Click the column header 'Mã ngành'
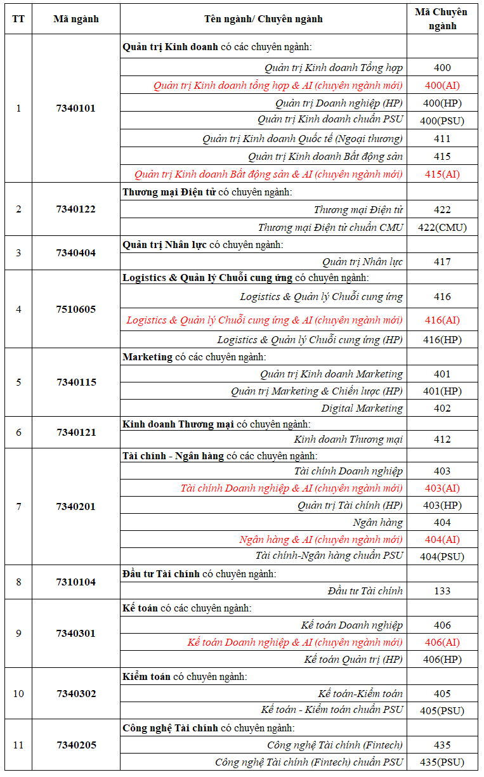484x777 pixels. (x=76, y=19)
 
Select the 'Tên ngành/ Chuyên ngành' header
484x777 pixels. (x=263, y=19)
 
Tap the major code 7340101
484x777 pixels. (x=76, y=108)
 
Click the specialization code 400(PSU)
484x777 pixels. (x=442, y=121)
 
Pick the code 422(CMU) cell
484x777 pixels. (x=442, y=227)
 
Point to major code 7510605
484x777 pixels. (x=76, y=310)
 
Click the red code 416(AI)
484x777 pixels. (x=442, y=320)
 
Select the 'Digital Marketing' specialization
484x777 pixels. (x=362, y=408)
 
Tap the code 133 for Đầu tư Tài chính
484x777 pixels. (x=442, y=591)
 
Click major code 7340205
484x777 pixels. (x=76, y=745)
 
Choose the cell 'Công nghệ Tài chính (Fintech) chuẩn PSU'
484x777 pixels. (x=309, y=762)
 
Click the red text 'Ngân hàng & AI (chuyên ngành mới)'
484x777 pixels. (x=321, y=539)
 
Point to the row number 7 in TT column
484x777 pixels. (x=18, y=507)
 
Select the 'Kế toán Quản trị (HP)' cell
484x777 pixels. (x=353, y=659)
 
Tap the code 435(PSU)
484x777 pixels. (x=442, y=762)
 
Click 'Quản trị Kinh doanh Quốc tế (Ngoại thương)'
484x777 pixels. (x=303, y=138)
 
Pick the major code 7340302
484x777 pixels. (x=76, y=693)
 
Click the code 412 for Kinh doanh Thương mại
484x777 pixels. (x=442, y=440)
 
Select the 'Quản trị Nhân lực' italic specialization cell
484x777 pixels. (x=362, y=261)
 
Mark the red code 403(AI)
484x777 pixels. (x=442, y=488)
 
